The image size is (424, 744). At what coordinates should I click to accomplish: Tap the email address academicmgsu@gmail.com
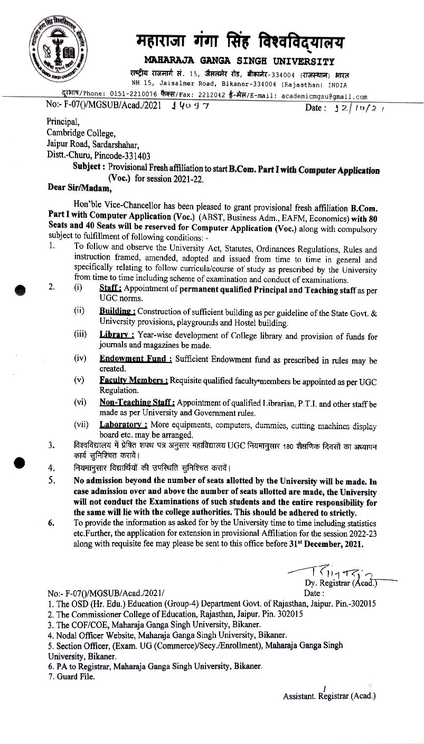(x=324, y=97)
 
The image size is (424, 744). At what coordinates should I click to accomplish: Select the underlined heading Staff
(x=110, y=289)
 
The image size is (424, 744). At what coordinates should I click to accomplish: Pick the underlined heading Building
(x=117, y=313)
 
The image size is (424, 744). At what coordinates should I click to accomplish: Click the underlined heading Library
(x=116, y=336)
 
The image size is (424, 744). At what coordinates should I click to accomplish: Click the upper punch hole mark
(x=21, y=291)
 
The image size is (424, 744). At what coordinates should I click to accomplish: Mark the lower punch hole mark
(x=20, y=462)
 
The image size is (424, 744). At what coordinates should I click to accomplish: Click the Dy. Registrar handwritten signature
(x=334, y=572)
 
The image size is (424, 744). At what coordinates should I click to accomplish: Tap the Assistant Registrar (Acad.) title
(x=329, y=696)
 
